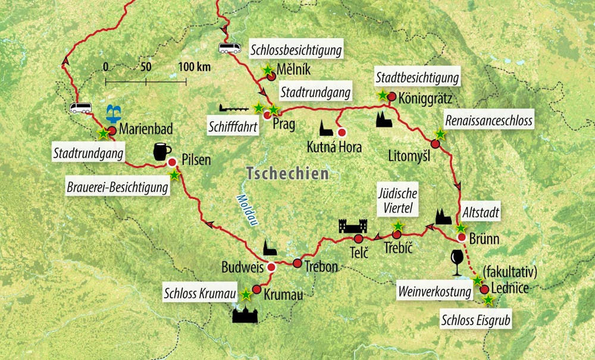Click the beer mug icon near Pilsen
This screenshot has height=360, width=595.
(159, 152)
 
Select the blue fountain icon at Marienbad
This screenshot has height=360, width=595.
(112, 113)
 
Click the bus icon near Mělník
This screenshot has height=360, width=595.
(230, 48)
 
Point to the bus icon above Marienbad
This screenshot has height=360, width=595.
(80, 108)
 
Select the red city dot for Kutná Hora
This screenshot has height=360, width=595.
(342, 133)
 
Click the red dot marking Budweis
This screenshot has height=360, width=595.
(271, 267)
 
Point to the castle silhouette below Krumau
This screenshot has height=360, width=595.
(245, 313)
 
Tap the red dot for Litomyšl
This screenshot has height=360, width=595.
(436, 144)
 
